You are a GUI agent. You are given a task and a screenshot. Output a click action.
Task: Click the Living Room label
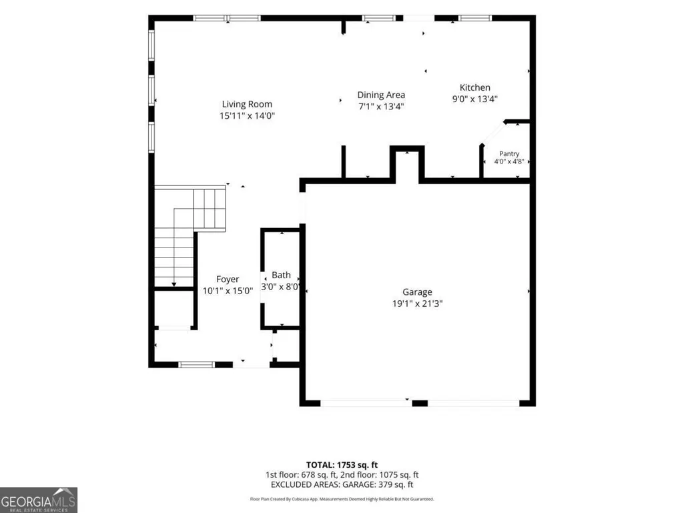click(x=247, y=104)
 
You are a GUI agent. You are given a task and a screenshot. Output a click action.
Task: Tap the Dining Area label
click(x=381, y=95)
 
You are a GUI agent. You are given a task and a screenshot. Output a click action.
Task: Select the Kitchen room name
click(x=474, y=87)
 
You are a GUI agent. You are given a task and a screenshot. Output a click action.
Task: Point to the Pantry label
click(x=509, y=153)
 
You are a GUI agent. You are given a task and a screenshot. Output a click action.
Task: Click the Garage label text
click(x=417, y=292)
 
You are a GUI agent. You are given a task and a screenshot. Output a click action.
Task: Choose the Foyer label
click(x=228, y=280)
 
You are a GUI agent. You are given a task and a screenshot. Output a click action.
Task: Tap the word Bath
click(x=281, y=275)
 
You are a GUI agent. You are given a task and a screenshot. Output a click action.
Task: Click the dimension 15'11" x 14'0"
click(x=247, y=115)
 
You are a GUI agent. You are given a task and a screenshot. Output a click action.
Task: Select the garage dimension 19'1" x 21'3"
click(x=417, y=304)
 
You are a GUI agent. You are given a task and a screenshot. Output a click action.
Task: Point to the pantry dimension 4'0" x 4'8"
click(x=509, y=161)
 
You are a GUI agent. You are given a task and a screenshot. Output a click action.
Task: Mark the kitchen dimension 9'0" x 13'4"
click(x=474, y=99)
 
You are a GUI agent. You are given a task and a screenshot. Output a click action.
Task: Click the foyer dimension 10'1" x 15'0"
click(x=228, y=291)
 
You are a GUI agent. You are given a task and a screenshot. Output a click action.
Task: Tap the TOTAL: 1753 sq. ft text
click(x=342, y=465)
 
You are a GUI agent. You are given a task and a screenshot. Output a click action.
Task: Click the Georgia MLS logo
click(x=39, y=500)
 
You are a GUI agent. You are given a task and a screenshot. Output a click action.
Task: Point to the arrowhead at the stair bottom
click(x=174, y=284)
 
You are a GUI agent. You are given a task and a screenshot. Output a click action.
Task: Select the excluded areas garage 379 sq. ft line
click(x=342, y=484)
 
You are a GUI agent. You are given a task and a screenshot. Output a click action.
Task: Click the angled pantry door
click(x=493, y=133)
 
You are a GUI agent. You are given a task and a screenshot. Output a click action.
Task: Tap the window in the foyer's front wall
click(x=197, y=365)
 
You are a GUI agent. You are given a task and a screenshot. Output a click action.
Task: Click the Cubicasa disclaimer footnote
click(x=342, y=499)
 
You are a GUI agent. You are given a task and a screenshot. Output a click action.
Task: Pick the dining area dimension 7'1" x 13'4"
click(x=381, y=107)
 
